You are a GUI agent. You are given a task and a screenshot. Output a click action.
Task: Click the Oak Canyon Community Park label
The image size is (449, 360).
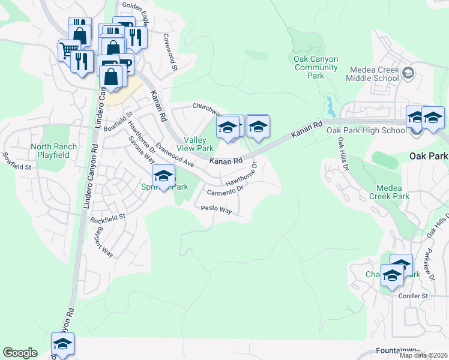(x=316, y=67)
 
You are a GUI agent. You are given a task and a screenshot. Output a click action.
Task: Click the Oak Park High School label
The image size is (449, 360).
(x=366, y=130)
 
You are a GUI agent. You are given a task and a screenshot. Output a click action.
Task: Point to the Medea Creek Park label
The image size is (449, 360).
(x=389, y=192)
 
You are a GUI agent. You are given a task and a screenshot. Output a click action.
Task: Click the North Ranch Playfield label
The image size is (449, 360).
(x=54, y=151)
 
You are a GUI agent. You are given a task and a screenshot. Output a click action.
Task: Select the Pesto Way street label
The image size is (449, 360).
(x=216, y=209)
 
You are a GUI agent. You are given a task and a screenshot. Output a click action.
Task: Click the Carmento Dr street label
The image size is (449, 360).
(x=224, y=191)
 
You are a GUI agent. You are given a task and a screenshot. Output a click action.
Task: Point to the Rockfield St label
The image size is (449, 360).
(x=107, y=218)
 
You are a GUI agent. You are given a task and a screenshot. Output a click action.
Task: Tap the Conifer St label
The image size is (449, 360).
(x=415, y=296)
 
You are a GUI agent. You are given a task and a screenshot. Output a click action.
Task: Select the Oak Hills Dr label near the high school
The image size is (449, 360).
(x=342, y=154)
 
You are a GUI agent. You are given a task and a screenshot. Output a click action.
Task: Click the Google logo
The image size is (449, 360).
(x=20, y=353)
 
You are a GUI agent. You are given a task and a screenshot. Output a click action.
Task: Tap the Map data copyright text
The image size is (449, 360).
(x=423, y=355)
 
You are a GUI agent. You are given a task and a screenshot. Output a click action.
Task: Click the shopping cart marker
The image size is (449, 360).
(x=68, y=50)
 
